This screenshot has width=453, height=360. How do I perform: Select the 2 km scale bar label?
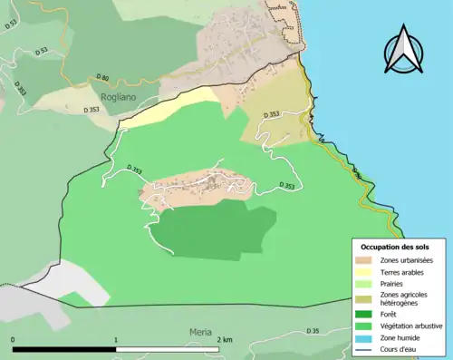pyautogui.click(x=224, y=339)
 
